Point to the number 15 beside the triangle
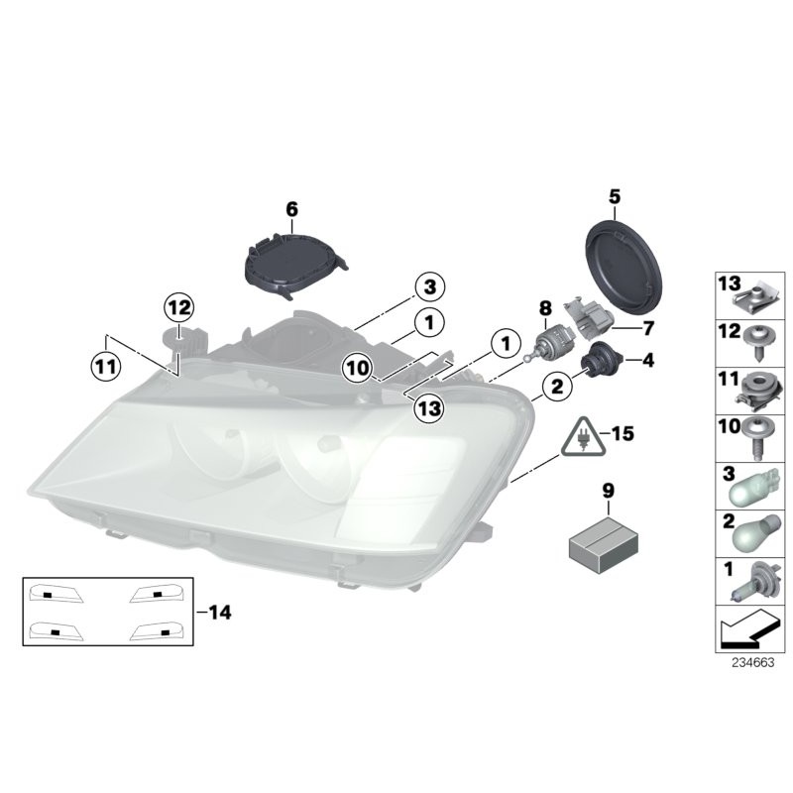click(622, 433)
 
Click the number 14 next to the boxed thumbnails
click(219, 614)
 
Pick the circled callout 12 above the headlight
click(181, 307)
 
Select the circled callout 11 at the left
click(105, 366)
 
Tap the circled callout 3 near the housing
click(429, 288)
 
